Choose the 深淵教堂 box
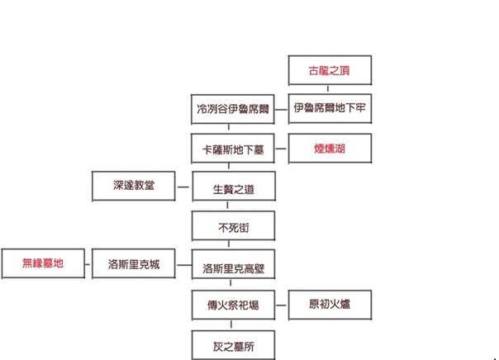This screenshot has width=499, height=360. coord(133,186)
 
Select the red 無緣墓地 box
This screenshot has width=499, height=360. coord(43,264)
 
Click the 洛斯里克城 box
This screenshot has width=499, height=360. coord(133,264)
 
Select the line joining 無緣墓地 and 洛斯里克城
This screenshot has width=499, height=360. coord(88,264)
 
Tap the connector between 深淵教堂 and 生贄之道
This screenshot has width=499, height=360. coord(183,187)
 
